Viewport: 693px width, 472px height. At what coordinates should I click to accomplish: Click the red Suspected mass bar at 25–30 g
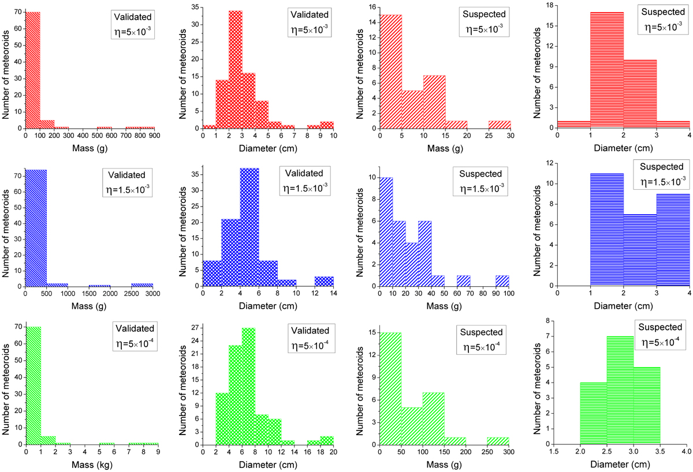[x=499, y=124]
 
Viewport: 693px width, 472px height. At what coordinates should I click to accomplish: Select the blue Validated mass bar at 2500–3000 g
[x=143, y=284]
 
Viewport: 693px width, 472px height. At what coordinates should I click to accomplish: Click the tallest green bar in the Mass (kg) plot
[x=32, y=392]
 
